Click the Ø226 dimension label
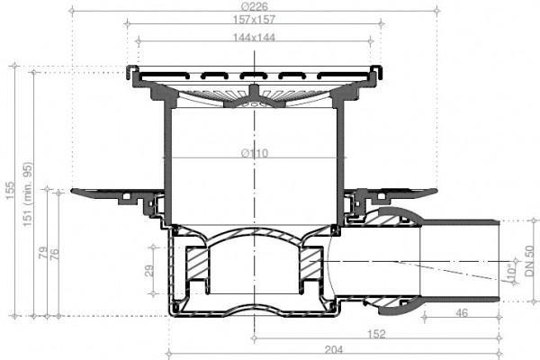(255, 6)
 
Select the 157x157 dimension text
(254, 20)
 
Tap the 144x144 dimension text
(254, 37)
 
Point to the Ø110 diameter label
(255, 153)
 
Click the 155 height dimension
(10, 190)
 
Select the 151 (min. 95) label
(28, 194)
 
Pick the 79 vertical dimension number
(43, 253)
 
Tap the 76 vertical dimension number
(54, 255)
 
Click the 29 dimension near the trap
(149, 271)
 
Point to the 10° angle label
(512, 269)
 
